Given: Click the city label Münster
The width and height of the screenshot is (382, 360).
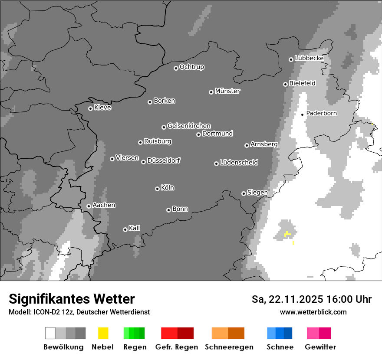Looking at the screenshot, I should [227, 91].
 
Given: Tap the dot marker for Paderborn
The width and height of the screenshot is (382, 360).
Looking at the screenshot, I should [303, 115].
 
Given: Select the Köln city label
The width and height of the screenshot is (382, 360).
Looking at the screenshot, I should [168, 188].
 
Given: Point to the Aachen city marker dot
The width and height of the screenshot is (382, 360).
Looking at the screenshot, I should [89, 206].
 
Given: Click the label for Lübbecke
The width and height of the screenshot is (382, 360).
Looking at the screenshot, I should [309, 58].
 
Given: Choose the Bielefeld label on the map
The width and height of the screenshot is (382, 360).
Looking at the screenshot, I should [302, 83].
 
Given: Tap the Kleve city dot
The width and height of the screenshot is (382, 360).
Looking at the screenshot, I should [90, 108].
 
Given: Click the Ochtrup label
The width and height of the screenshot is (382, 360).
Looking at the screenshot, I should [192, 67].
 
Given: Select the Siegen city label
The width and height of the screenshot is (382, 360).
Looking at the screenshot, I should [257, 193].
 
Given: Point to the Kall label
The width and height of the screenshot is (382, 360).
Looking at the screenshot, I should [135, 228].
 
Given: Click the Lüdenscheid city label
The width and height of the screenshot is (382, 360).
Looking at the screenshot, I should [239, 163].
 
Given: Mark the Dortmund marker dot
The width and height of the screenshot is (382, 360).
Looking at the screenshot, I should [198, 134].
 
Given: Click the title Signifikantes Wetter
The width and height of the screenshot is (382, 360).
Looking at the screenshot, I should [72, 299].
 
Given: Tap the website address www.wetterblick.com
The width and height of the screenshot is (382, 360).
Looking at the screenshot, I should [313, 312].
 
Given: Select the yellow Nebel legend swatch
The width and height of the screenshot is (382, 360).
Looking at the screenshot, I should [103, 333].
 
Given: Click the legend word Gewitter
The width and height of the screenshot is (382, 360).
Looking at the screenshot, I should [320, 347].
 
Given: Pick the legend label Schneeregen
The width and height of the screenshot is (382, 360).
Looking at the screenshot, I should [229, 347].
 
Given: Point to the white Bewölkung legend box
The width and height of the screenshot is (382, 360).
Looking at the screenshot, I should [50, 333].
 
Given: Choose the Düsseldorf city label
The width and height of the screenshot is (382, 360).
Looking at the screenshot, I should [164, 160].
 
